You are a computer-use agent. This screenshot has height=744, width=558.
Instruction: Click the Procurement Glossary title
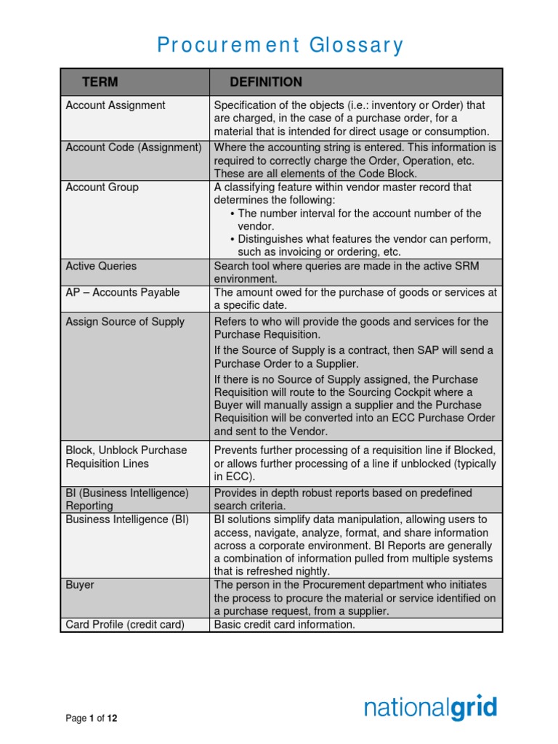[280, 45]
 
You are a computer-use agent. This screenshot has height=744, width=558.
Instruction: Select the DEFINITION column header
[266, 82]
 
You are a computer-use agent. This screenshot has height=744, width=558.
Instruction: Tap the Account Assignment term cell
[116, 105]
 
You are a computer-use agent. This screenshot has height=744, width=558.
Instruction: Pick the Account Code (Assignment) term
[134, 147]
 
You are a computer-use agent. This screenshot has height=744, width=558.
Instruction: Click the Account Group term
[102, 187]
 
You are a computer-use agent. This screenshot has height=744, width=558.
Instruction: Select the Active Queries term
[101, 266]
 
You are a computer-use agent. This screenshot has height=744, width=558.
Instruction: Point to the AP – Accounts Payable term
[122, 293]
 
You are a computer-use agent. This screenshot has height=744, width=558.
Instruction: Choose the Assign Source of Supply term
[125, 322]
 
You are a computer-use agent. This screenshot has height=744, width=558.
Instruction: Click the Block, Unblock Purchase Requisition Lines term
[126, 457]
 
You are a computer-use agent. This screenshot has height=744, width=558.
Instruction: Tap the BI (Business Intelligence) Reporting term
[127, 499]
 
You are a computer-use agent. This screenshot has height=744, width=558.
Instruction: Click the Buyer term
[80, 585]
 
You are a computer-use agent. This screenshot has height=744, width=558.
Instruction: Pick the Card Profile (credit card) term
[125, 624]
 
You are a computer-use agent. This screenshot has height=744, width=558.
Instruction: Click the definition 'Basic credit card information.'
[284, 624]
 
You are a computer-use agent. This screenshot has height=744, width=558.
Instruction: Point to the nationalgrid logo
[430, 708]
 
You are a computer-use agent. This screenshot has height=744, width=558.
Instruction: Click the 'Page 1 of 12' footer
[92, 719]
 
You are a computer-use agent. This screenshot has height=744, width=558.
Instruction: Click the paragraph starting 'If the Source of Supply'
[353, 357]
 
